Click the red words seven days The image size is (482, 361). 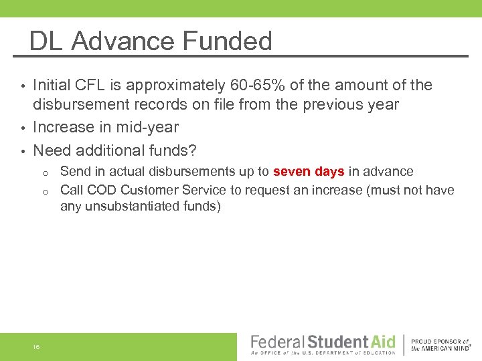[309, 172]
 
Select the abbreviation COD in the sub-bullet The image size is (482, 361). [99, 190]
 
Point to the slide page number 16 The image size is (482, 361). [35, 346]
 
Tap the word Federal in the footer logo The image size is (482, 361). [277, 342]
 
